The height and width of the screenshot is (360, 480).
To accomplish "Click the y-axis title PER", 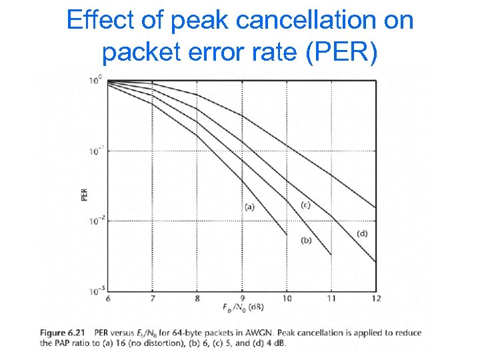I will click(85, 193).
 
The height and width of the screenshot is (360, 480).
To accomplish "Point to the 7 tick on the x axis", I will click(153, 299).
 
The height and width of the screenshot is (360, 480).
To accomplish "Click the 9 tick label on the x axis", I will click(242, 299).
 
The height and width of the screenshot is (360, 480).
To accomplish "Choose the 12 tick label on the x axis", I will click(377, 299).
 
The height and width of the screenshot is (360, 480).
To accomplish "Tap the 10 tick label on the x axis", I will click(287, 299).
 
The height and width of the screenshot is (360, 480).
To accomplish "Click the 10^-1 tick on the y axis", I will click(95, 151).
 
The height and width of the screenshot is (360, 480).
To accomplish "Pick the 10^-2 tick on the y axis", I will click(95, 221).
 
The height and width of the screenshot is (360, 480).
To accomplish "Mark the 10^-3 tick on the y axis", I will click(95, 291).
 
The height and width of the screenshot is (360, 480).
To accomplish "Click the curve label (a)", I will click(249, 207).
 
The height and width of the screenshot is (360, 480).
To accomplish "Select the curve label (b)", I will click(307, 240).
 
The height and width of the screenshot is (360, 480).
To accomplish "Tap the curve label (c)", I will click(305, 205).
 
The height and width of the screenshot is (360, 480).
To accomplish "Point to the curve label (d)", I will click(362, 233).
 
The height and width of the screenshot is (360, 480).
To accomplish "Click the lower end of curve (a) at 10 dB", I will click(287, 234).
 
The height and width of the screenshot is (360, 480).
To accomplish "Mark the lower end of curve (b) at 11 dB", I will click(331, 255).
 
